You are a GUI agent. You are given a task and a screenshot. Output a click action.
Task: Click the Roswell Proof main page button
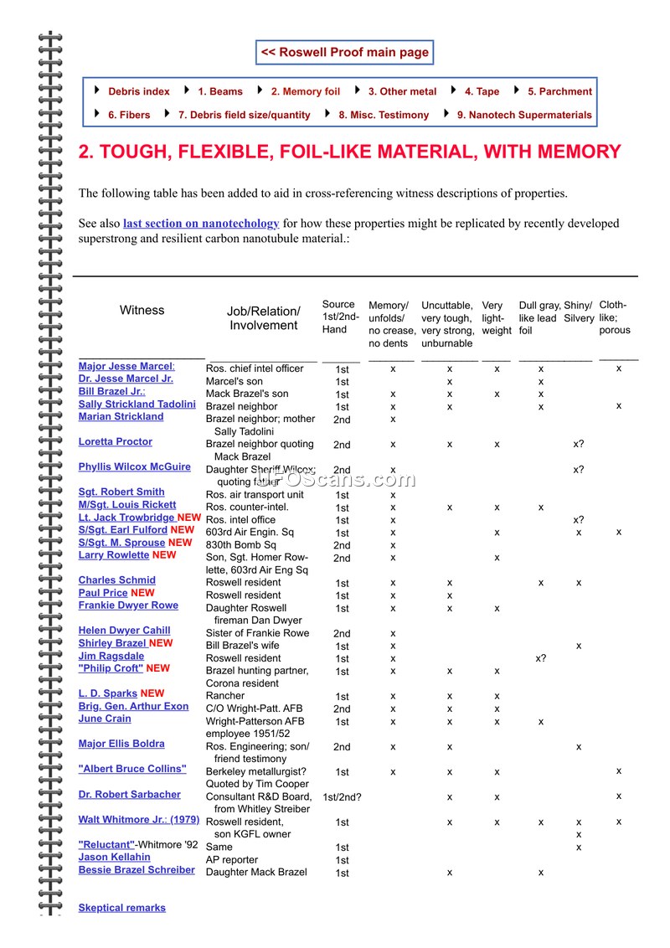pos(344,52)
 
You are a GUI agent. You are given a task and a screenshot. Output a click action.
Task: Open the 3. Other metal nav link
pos(402,91)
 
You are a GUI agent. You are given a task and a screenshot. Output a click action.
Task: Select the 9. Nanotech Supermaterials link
pos(524,115)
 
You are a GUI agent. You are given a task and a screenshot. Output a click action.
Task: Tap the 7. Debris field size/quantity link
pos(244,115)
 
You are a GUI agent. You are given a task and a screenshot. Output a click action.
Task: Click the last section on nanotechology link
pos(201,224)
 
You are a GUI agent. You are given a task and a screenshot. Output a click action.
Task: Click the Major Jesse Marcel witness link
pos(126,367)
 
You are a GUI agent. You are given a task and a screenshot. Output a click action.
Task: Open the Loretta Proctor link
pos(116,442)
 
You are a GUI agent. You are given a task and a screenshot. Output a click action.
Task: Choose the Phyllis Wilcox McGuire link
pos(134,467)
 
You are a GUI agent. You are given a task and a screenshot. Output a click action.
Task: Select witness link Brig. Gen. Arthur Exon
pos(133,707)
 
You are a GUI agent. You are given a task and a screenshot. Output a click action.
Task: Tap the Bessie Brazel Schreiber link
pos(137,870)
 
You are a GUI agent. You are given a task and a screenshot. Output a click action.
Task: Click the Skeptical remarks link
pos(122,908)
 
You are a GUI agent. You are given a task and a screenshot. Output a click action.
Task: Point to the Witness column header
pos(142,311)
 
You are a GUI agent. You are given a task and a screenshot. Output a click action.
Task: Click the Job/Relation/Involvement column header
pos(263,318)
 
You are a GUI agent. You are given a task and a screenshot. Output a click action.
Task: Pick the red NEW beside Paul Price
pos(143,593)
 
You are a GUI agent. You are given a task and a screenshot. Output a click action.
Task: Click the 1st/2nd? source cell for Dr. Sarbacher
pos(342,796)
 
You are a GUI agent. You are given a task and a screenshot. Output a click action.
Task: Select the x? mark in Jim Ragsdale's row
pos(541,658)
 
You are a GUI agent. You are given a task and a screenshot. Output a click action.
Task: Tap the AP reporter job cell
pos(232,860)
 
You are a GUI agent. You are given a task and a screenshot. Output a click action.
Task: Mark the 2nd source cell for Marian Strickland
pos(342,420)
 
